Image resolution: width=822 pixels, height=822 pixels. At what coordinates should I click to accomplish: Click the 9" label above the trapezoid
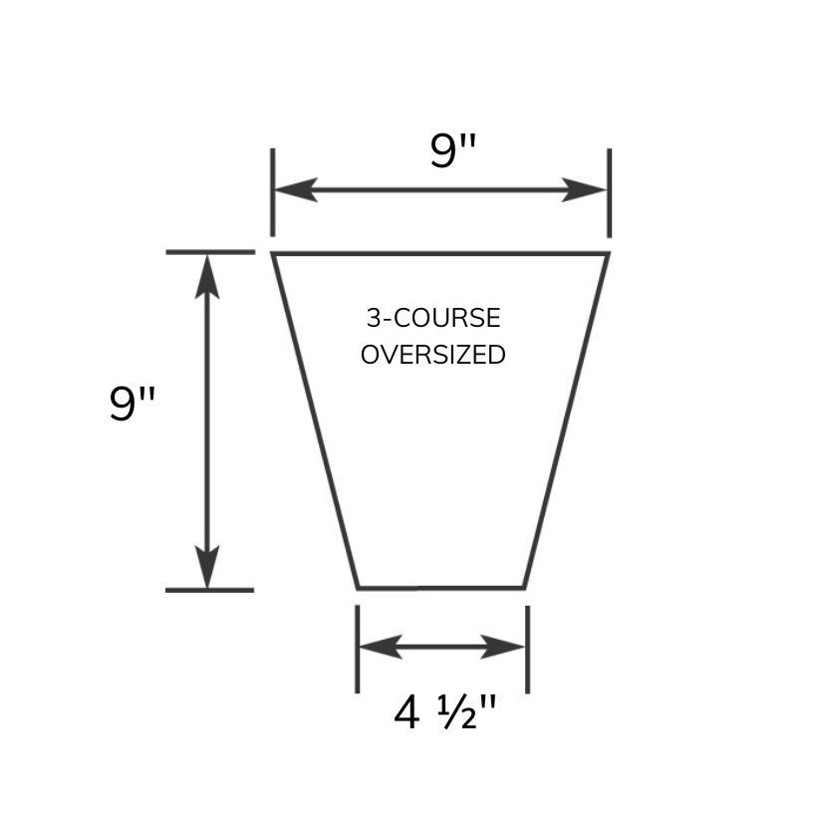453,151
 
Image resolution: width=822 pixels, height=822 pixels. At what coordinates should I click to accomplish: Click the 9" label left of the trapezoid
133,405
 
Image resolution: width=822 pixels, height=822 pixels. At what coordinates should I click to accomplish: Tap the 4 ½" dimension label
444,713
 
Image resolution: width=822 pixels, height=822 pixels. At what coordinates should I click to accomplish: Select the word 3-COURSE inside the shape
433,319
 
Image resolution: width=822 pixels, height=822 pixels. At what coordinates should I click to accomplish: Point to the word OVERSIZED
433,355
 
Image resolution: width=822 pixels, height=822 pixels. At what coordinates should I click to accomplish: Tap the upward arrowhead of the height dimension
207,275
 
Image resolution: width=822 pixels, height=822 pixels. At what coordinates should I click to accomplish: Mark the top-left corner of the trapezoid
274,254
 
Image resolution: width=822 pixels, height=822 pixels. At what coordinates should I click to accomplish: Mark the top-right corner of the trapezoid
607,254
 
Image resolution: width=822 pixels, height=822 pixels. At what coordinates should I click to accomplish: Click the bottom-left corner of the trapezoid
358,587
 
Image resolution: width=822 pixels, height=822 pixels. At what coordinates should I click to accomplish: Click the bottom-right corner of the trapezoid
524,587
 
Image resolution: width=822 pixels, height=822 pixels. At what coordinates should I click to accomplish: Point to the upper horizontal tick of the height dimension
209,252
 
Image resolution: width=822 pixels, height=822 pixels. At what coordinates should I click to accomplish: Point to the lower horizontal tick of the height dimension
209,590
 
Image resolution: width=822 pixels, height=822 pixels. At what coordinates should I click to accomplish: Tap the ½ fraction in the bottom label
460,713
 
